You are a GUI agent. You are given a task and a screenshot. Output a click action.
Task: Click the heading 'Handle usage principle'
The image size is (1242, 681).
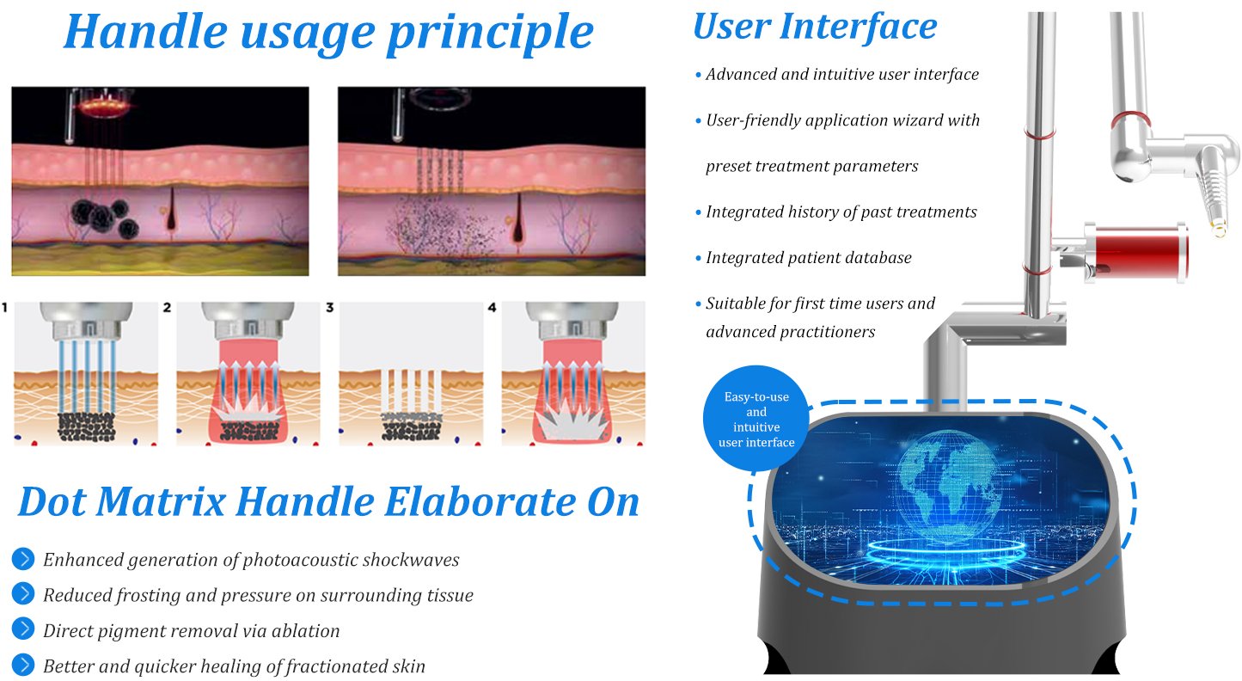point(329,32)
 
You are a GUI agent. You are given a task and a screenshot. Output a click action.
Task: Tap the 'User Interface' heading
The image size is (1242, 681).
point(815,27)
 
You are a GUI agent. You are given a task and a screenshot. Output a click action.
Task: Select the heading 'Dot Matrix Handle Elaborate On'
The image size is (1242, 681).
point(329,502)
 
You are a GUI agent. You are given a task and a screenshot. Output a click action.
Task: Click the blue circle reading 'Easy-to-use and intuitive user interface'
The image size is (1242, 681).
point(756,419)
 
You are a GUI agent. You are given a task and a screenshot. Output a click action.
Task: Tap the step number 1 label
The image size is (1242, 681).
point(5,307)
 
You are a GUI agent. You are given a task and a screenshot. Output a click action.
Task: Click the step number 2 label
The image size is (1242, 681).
point(167,307)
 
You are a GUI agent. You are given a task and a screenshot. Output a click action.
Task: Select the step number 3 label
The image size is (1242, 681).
point(330,307)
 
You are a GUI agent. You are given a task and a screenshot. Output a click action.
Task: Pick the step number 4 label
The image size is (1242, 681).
point(492,307)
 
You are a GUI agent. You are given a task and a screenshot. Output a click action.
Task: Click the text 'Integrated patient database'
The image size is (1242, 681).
point(809,257)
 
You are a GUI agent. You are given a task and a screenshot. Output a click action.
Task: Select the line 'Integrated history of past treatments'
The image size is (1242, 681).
point(841,212)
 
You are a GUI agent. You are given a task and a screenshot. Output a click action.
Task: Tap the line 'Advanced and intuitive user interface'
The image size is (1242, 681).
point(842,74)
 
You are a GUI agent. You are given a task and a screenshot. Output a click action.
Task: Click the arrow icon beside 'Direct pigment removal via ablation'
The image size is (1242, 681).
point(23,629)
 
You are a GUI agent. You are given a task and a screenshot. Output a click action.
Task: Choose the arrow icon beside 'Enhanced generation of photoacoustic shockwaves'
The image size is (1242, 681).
point(23,558)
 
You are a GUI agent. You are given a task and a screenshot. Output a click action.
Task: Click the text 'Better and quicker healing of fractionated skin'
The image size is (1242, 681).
point(234,666)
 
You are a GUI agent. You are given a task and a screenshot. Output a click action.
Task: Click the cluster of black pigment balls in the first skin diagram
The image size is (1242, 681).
point(105,217)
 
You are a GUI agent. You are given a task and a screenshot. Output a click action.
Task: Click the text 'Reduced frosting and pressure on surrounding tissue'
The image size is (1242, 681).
point(259,595)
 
